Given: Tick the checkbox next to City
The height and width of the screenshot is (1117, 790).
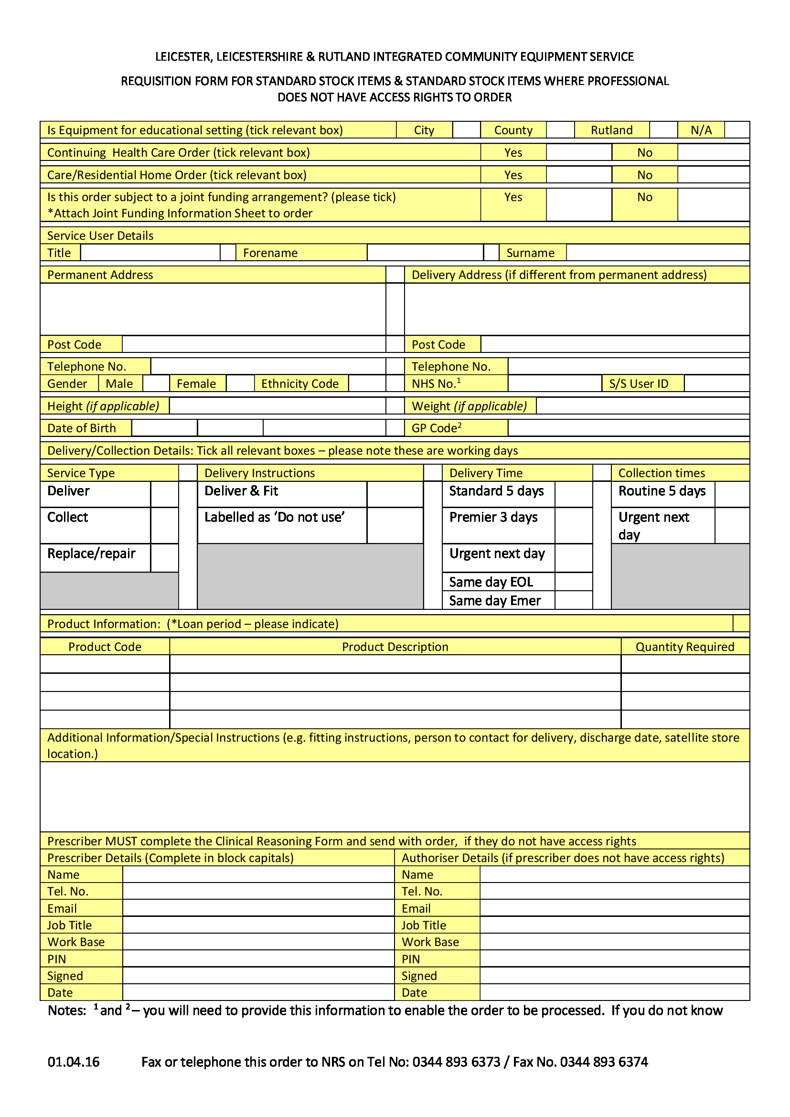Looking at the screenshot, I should point(466,130).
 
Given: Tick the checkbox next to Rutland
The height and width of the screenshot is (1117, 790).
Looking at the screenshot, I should point(663,130).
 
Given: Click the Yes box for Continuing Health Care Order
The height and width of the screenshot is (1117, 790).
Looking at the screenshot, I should point(578,152).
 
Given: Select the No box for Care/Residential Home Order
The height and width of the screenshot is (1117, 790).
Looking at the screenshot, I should point(713,175).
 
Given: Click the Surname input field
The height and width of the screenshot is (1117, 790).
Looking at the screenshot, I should point(658,253).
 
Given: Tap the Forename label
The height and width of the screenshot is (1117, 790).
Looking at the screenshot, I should point(270,253).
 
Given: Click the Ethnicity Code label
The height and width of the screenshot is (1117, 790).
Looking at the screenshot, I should point(299,384).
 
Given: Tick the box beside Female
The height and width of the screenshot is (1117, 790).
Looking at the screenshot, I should point(240,383).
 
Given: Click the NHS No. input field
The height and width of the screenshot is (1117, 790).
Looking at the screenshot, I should point(555,383).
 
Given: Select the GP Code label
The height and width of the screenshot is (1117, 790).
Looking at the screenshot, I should point(437,428).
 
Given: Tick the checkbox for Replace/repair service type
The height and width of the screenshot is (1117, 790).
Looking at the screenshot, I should point(164,557).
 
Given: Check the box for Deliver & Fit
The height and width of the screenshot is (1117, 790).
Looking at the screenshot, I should point(395,494).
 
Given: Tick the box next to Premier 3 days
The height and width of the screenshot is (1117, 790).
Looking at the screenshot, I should point(573,525).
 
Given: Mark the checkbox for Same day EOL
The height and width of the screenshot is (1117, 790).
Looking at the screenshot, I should point(573,581).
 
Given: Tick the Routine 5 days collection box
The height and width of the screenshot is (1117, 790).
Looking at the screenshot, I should point(732,494).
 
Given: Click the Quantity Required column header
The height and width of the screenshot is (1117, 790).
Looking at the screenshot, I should point(684,647).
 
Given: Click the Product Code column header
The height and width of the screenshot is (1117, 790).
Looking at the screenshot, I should point(105,647).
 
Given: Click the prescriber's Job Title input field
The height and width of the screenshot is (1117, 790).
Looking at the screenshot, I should point(258,925).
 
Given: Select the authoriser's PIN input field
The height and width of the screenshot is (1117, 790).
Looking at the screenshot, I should point(614,958).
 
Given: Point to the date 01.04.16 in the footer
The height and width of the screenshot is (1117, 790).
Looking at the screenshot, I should point(74,1062).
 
